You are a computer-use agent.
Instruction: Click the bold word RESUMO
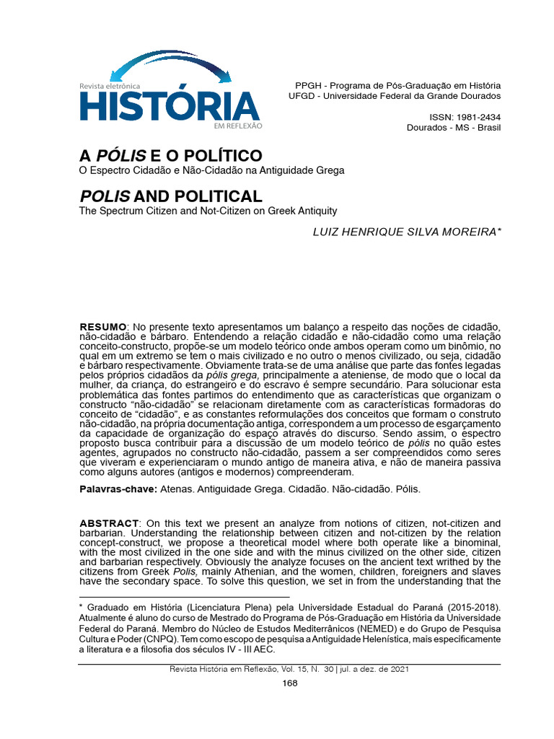click(102, 328)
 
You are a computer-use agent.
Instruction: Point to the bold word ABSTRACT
click(108, 523)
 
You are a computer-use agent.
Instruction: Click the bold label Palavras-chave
click(118, 489)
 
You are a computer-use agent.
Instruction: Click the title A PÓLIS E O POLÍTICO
click(170, 156)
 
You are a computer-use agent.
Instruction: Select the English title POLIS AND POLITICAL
click(170, 196)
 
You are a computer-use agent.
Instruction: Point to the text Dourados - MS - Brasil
click(454, 128)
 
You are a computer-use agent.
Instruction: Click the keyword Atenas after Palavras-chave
click(176, 489)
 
